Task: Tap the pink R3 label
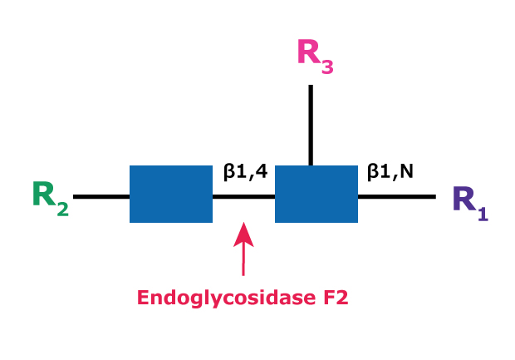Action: [x=315, y=56]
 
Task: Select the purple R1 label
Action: [x=470, y=202]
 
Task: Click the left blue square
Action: [x=171, y=194]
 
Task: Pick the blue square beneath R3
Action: [x=316, y=194]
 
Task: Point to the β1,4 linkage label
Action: [x=245, y=172]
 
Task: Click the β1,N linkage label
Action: [x=390, y=172]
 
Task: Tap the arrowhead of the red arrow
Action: [x=243, y=232]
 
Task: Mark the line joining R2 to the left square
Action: [x=101, y=197]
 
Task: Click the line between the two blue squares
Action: [x=243, y=197]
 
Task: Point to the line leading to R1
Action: [x=396, y=197]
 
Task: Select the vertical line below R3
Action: [x=311, y=125]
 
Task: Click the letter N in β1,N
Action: [x=406, y=172]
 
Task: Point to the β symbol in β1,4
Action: [x=229, y=172]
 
